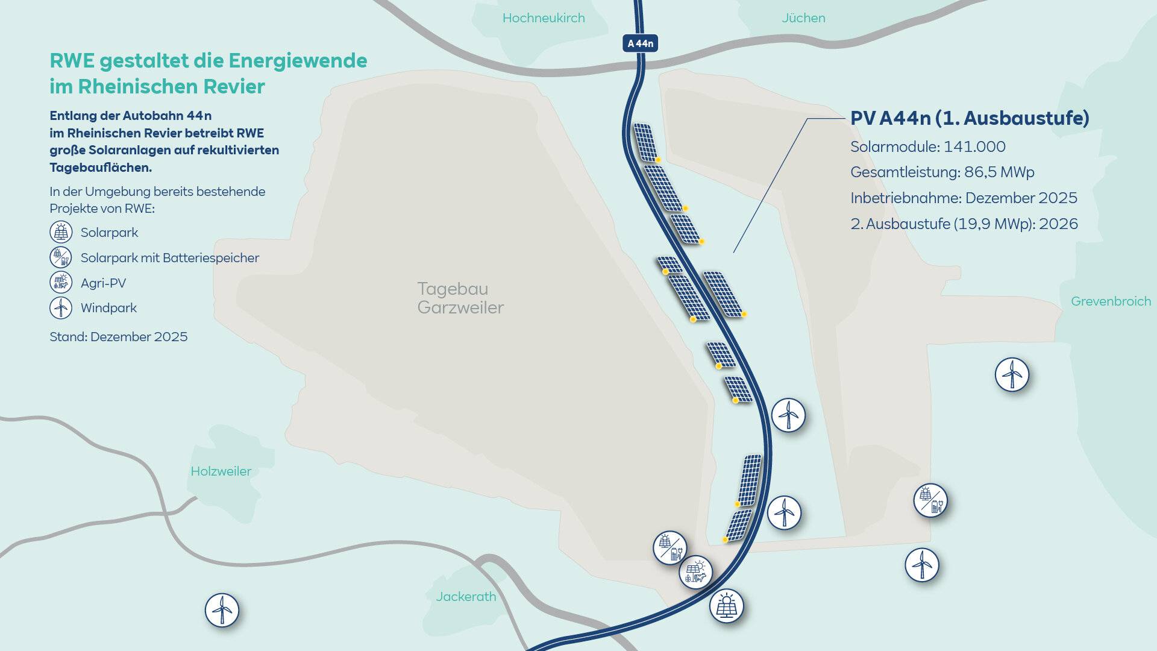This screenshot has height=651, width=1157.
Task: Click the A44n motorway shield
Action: tap(640, 43)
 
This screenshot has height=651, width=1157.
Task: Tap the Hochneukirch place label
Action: tap(544, 18)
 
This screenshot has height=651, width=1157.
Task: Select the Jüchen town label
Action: tap(803, 18)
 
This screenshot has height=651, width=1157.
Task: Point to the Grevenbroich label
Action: tap(1111, 301)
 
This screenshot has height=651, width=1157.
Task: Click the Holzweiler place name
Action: tap(221, 471)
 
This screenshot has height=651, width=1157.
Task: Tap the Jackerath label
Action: tap(466, 597)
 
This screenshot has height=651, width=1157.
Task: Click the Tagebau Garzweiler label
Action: tap(460, 298)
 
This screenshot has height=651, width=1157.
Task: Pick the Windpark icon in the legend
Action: tap(61, 308)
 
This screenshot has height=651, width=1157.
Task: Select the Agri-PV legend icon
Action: tap(61, 283)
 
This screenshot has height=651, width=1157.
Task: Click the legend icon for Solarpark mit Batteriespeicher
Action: tap(61, 257)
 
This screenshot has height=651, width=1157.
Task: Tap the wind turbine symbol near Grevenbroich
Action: tap(1012, 374)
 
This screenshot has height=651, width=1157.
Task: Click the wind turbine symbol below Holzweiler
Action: tap(222, 610)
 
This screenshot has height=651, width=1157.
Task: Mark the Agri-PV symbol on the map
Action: tap(695, 572)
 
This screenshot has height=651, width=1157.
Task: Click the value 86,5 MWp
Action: tap(999, 172)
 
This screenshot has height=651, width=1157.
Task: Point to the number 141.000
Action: tap(974, 146)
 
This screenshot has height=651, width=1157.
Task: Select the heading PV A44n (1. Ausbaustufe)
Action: tap(969, 118)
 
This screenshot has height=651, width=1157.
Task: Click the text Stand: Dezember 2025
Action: tap(119, 337)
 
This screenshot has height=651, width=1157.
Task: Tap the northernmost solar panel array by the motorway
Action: tap(645, 142)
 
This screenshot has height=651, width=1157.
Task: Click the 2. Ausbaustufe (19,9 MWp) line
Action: tap(964, 224)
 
